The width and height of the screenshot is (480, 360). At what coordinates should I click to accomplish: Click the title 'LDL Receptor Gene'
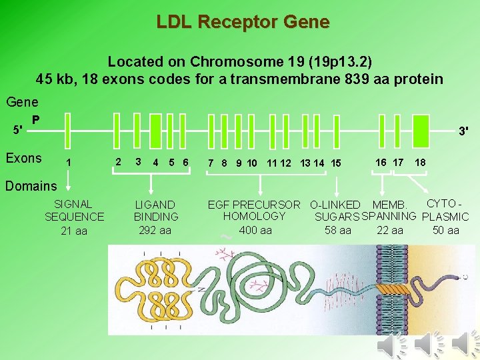(x=243, y=22)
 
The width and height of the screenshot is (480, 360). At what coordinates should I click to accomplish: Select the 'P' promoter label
(x=35, y=120)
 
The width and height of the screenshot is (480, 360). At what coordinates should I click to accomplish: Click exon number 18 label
(x=420, y=163)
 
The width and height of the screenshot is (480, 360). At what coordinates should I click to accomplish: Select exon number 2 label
(x=118, y=162)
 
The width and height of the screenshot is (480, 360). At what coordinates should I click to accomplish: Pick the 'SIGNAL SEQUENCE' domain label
(x=74, y=211)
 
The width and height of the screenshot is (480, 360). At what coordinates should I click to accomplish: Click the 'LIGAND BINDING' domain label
(x=156, y=211)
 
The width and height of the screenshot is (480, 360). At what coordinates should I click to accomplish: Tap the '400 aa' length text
(x=255, y=231)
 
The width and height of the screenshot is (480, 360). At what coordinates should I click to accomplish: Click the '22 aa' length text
(x=390, y=231)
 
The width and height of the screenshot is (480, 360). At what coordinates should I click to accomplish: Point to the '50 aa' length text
(x=445, y=231)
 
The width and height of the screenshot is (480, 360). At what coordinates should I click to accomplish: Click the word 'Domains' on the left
(x=32, y=185)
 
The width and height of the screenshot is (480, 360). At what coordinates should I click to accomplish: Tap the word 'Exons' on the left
(x=23, y=159)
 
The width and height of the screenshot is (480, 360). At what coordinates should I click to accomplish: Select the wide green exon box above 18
(x=421, y=127)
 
